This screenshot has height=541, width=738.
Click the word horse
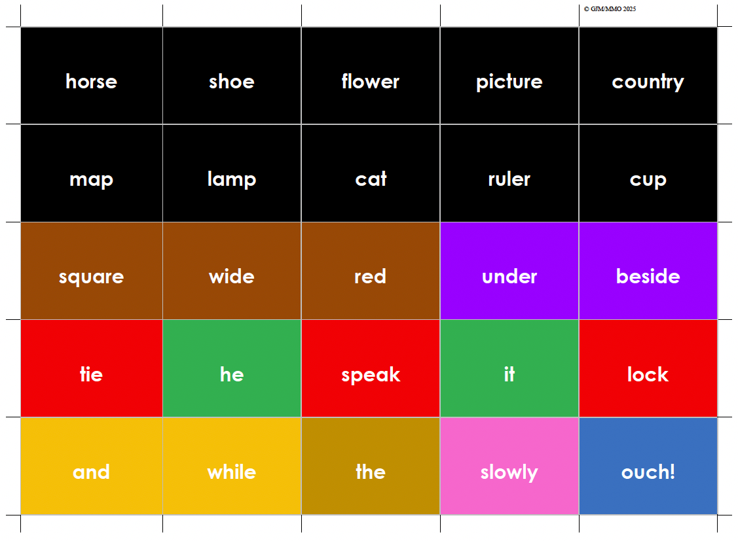91,82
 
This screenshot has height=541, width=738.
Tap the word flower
370,82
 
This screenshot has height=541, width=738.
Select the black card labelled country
648,82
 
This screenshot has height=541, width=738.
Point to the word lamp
231,179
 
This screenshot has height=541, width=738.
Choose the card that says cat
371,179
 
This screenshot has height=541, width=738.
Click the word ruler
509,179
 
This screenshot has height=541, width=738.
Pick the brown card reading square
91,277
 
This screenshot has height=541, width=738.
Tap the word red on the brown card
370,277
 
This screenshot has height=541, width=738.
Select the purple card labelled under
509,277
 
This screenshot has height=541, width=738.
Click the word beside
648,277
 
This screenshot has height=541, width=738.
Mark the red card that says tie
91,374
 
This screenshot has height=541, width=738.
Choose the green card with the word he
231,374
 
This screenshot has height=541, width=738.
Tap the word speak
370,374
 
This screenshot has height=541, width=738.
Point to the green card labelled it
509,374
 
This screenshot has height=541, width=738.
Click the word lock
648,374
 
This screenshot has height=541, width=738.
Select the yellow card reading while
231,472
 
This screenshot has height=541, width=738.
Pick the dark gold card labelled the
370,472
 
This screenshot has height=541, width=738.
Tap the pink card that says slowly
509,472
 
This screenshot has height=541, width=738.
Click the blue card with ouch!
648,472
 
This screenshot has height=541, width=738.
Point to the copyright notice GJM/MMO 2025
610,9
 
